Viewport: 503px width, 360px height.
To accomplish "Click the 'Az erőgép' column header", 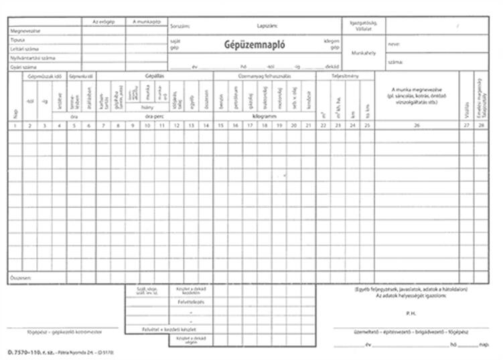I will click(104, 22).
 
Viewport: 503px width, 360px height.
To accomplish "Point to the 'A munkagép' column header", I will click(146, 22).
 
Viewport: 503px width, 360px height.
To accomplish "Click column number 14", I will click(206, 125).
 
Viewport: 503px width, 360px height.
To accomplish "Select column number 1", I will click(15, 125).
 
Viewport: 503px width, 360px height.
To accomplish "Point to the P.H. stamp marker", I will click(410, 313).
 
